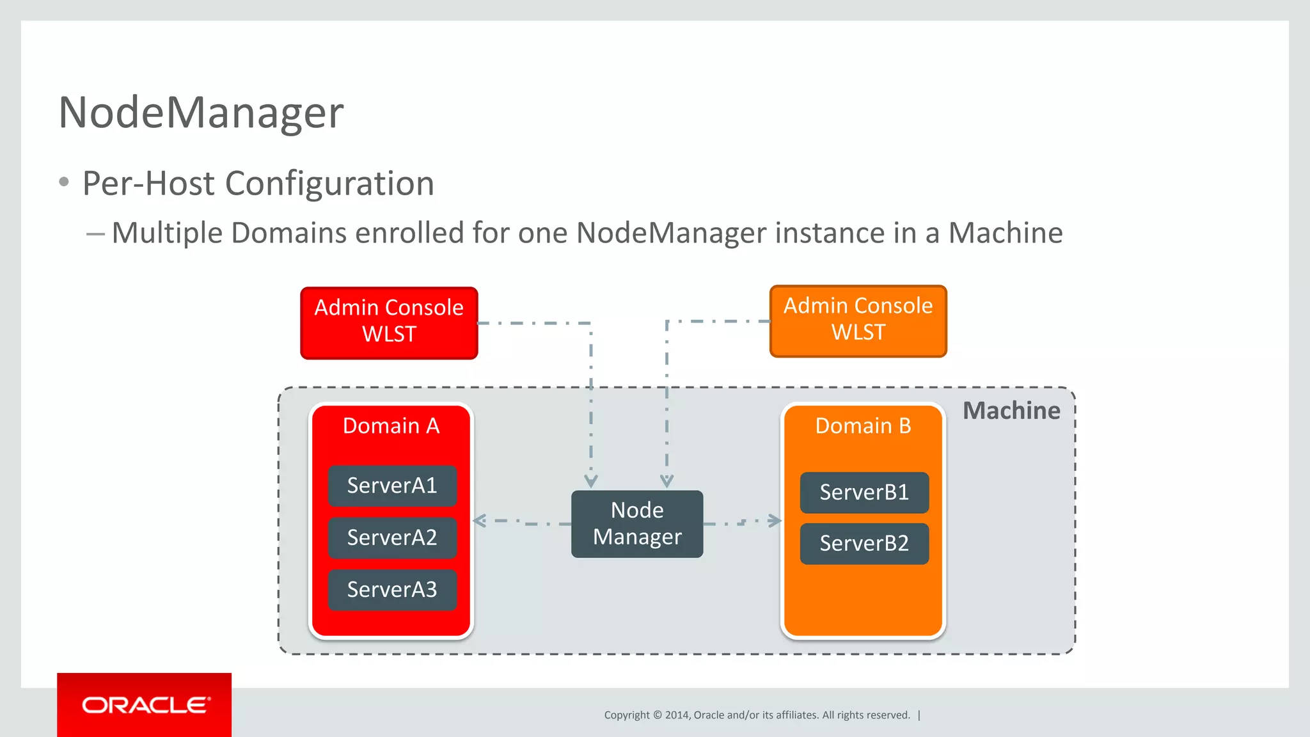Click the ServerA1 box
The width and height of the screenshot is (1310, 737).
click(392, 486)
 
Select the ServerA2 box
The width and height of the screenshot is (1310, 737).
click(392, 537)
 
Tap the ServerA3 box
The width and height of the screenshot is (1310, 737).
click(392, 589)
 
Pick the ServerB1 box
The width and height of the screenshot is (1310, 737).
click(864, 492)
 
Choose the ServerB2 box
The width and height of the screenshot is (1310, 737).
click(864, 543)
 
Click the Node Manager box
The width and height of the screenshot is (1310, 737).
click(637, 523)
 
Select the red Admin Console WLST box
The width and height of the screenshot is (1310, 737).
click(389, 322)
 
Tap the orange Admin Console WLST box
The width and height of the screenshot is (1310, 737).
click(858, 320)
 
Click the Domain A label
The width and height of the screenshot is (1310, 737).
click(391, 426)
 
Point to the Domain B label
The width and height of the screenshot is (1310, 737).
click(863, 426)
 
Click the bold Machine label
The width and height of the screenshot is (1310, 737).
click(1011, 411)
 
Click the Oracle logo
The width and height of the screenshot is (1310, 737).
click(145, 705)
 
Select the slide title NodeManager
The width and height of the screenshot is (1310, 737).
click(201, 113)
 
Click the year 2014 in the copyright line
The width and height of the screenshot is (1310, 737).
click(676, 715)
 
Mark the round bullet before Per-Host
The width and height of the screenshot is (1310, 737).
click(64, 182)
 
